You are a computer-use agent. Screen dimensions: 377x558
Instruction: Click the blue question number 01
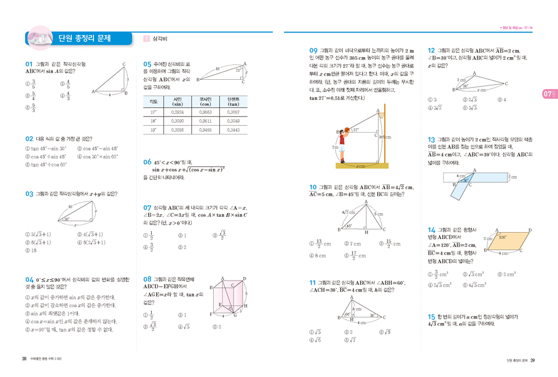28,64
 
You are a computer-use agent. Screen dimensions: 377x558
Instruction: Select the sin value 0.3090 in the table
178,122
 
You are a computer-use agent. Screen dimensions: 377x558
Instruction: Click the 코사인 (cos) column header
205,101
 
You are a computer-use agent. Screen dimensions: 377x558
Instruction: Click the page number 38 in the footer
23,360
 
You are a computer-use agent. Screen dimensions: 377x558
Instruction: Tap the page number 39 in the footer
533,360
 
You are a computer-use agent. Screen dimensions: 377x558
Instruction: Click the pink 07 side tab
549,93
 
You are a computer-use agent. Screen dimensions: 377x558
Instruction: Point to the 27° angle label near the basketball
355,130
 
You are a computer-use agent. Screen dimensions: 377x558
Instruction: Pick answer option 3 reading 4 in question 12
501,100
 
